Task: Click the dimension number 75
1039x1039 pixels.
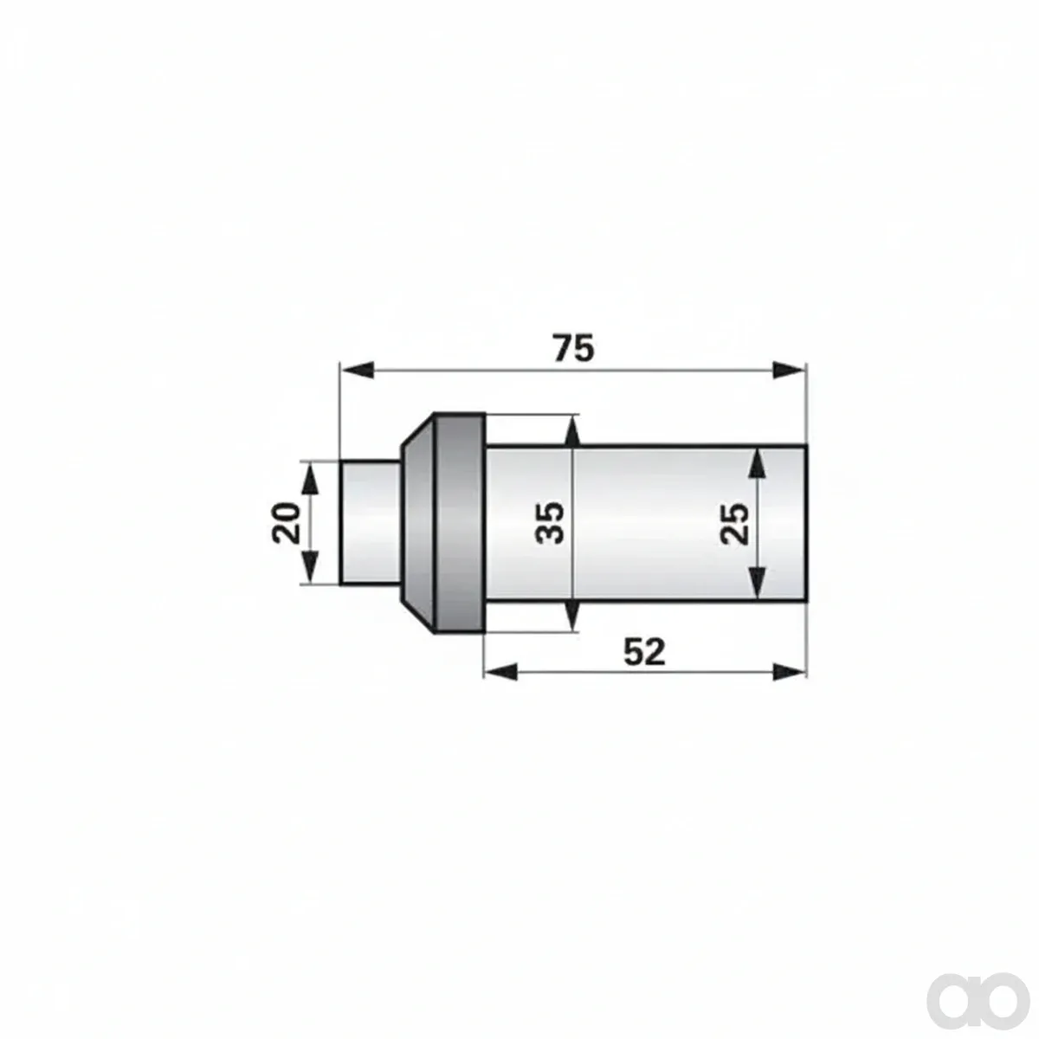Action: click(574, 348)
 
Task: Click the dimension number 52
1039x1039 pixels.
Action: click(644, 652)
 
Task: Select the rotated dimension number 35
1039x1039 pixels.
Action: click(550, 522)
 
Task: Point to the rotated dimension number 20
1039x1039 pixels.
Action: click(286, 522)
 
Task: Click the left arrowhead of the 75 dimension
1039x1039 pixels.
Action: click(357, 371)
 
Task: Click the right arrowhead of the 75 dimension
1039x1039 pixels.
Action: click(790, 371)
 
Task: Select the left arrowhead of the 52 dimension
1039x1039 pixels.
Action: click(501, 672)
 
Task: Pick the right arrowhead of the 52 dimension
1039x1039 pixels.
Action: click(790, 672)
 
